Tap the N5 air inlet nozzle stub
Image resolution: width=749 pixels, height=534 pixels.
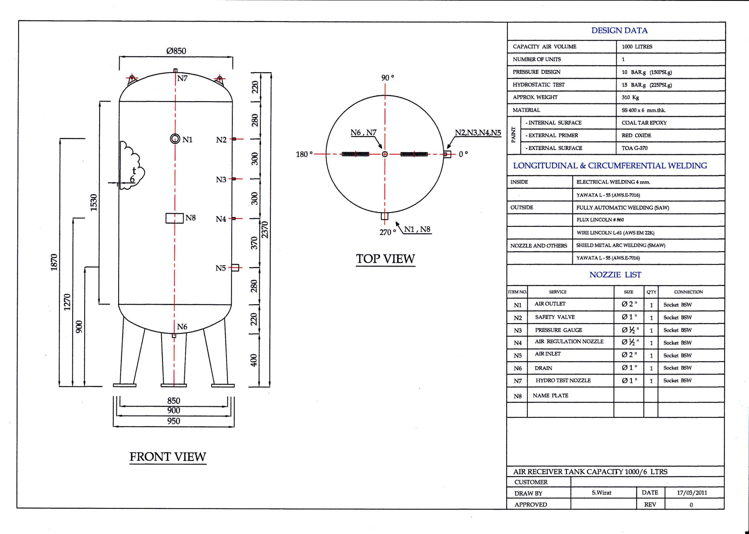click(x=235, y=267)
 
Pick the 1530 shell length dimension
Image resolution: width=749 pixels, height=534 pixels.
click(x=94, y=203)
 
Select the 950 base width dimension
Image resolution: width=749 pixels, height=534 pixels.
click(x=174, y=421)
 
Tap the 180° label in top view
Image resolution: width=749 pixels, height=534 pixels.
click(x=304, y=154)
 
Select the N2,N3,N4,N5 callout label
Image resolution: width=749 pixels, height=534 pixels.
click(x=478, y=132)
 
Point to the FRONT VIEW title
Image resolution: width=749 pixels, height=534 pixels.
click(x=168, y=457)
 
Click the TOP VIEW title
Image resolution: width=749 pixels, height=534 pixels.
click(x=386, y=259)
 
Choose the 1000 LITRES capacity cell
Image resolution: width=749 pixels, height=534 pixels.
click(x=637, y=47)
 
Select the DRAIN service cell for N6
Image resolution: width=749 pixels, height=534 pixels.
click(x=543, y=368)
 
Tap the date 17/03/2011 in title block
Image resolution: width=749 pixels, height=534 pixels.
click(x=692, y=492)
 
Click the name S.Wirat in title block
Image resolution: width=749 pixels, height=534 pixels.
click(x=601, y=492)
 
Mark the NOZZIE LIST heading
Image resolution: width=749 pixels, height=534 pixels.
click(x=615, y=275)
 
